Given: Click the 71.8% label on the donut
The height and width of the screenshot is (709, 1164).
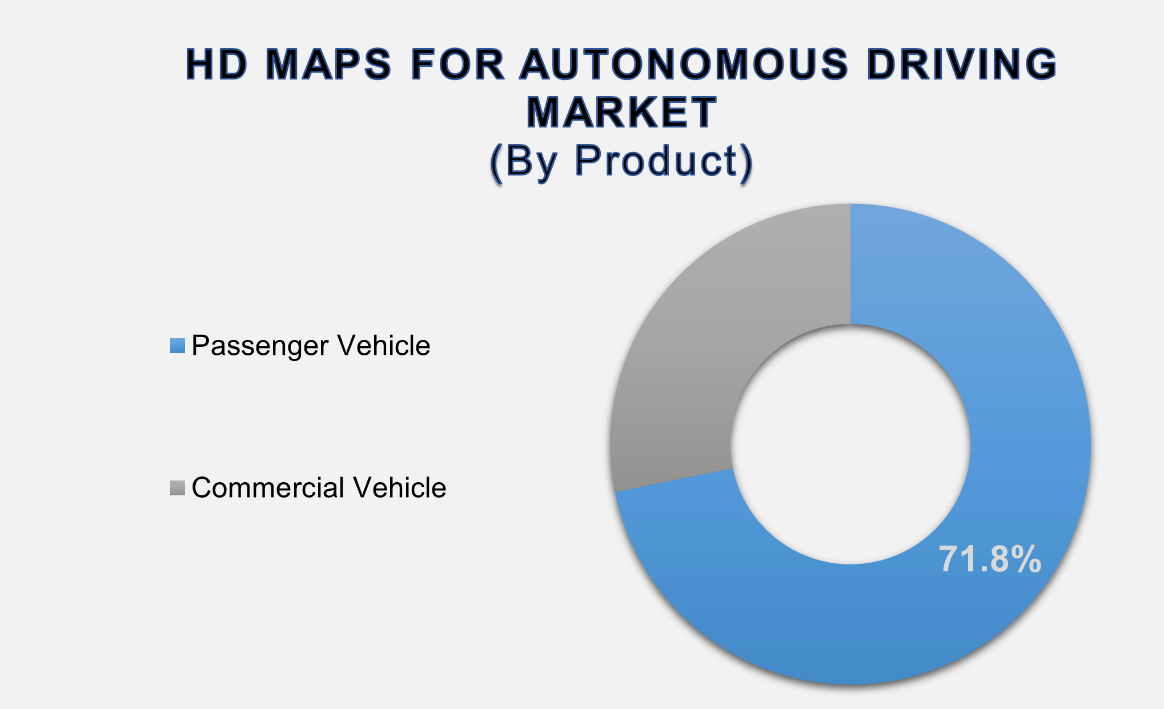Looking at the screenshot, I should pos(990,559).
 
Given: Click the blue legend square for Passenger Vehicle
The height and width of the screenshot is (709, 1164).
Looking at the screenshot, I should pos(178,346).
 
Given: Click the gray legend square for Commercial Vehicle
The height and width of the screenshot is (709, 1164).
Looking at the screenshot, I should pos(178,488).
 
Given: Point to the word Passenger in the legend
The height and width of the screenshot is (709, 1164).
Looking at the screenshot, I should pos(260,346).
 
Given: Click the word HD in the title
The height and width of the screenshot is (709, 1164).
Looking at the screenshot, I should pos(216,64).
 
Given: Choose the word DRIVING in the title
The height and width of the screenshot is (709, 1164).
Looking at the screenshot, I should pos(961,64).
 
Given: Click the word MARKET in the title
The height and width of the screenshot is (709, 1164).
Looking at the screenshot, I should pos(621,112).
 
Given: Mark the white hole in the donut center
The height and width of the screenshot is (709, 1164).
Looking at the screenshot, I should pos(850,444).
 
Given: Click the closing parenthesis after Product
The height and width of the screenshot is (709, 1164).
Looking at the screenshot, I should pos(746,163).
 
